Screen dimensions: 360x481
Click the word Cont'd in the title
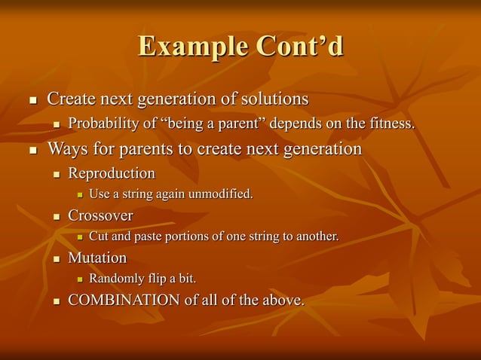pyautogui.click(x=299, y=47)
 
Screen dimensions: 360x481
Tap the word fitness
pyautogui.click(x=391, y=124)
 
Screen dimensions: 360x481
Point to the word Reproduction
pyautogui.click(x=112, y=174)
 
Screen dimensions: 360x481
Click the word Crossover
pyautogui.click(x=100, y=216)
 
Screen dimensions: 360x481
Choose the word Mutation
pyautogui.click(x=97, y=258)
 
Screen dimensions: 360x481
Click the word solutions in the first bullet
pyautogui.click(x=274, y=99)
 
